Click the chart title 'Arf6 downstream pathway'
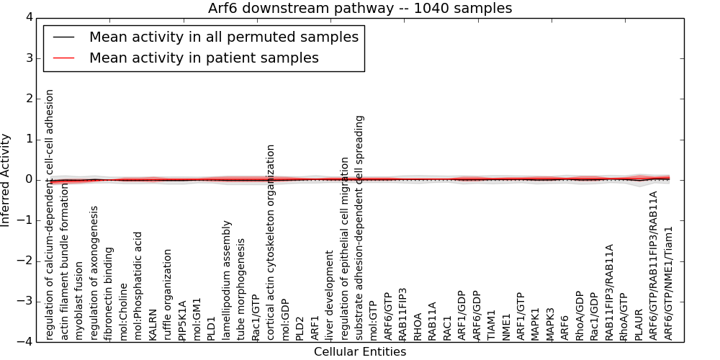point(300,8)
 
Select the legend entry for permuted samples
point(224,37)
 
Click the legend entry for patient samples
point(204,58)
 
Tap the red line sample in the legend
point(64,58)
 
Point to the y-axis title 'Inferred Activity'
point(5,180)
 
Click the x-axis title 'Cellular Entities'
point(360,352)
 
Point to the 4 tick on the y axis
point(30,17)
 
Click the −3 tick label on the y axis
point(25,302)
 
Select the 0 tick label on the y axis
point(30,180)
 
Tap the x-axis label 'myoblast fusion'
point(79,301)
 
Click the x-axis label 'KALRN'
point(153,325)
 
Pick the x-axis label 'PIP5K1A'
point(182,320)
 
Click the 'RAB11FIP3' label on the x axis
point(402,315)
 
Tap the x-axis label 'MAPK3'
point(549,324)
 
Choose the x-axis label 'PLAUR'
point(638,325)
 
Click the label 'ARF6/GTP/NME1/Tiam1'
point(668,283)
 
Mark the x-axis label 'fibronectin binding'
point(109,294)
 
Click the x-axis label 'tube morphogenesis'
point(241,289)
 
